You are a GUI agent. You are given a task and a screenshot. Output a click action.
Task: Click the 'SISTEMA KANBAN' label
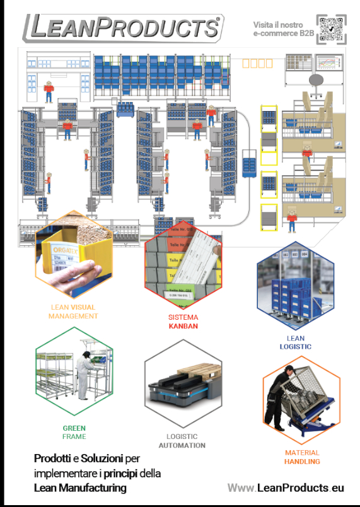click(x=183, y=322)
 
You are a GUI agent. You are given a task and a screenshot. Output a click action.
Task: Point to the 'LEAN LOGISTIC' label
click(x=295, y=342)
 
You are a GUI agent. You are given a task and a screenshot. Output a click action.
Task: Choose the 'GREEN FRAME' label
click(x=74, y=432)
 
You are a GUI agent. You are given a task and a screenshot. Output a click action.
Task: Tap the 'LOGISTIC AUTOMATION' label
click(x=182, y=441)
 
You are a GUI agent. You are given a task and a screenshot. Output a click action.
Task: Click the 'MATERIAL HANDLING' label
click(x=302, y=457)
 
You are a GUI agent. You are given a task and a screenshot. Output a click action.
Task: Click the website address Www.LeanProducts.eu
click(x=286, y=487)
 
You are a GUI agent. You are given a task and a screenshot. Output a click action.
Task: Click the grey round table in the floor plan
click(x=316, y=79)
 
